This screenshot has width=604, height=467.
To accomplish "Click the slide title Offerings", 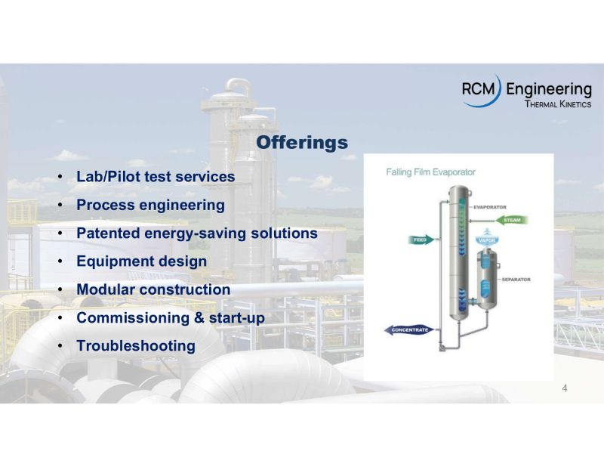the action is point(302,143).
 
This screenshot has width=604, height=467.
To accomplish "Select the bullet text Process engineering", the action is point(150,205).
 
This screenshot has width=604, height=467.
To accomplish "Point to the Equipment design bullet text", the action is point(142,261).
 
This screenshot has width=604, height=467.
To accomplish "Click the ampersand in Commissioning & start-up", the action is point(199,318).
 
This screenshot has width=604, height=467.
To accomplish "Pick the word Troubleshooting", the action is point(136,346).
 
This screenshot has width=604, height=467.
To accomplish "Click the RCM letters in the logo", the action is point(478,89).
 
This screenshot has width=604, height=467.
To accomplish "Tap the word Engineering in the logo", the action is point(549,89).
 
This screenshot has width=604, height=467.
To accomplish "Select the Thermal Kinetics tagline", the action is point(557,104).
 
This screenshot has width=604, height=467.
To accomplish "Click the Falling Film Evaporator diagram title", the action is point(430,172).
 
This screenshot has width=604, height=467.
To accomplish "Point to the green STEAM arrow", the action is point(511,220).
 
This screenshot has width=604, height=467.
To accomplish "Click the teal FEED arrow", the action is point(421,240).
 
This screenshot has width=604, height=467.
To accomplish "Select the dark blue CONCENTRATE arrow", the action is point(409,330).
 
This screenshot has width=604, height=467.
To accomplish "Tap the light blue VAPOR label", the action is point(487,240).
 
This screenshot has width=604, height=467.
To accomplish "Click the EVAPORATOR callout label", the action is point(489,207).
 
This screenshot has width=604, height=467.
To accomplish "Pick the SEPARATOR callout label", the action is point(516,280).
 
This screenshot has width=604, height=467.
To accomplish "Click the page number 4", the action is point(565,388).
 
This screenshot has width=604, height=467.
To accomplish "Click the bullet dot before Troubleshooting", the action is point(60,346).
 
